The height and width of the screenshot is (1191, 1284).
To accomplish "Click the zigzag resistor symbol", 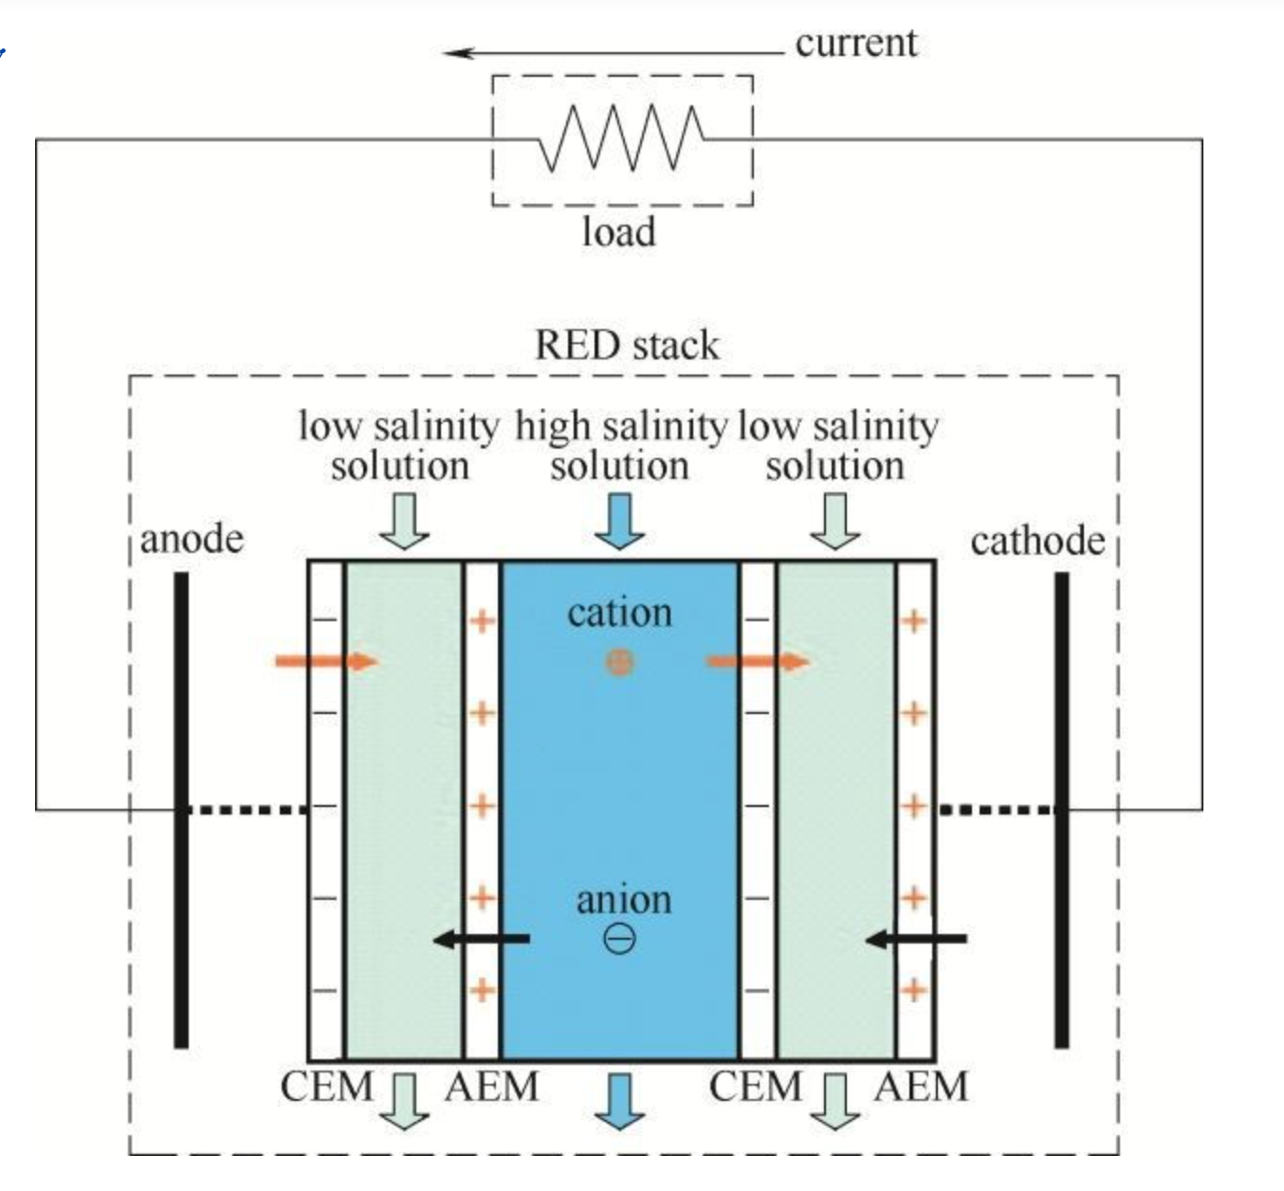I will tap(621, 138).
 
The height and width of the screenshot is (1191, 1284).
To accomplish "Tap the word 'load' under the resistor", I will tap(618, 231).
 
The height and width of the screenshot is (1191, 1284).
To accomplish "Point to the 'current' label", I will tap(855, 43).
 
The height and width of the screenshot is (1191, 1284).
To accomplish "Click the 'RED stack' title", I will tap(627, 345).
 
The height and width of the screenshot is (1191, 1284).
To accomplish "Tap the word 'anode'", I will tap(192, 539).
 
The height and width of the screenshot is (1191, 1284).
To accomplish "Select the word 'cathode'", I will tap(1037, 541).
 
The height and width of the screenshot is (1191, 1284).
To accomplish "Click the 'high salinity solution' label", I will tap(620, 446).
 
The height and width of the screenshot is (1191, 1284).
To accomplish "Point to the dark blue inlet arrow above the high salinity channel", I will tap(619, 522).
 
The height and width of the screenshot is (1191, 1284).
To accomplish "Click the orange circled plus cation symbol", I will tap(618, 662).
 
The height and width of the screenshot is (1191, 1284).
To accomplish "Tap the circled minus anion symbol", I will tap(619, 938).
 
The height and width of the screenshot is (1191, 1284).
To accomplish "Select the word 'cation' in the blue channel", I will tap(619, 613).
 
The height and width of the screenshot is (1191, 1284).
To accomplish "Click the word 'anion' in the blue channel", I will tap(623, 899).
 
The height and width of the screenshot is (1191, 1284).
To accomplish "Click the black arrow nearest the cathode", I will tap(916, 939).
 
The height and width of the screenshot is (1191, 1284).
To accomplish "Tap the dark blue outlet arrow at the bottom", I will tap(619, 1100).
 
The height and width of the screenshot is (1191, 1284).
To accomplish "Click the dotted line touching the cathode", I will tap(997, 810).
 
